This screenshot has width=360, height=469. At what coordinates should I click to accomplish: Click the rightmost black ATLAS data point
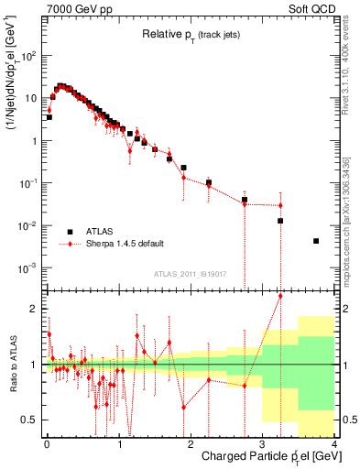316,241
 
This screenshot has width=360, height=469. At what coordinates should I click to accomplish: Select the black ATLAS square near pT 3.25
280,221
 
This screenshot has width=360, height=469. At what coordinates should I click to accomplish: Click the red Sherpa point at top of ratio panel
280,296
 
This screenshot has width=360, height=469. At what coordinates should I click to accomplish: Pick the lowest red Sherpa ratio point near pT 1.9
184,407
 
